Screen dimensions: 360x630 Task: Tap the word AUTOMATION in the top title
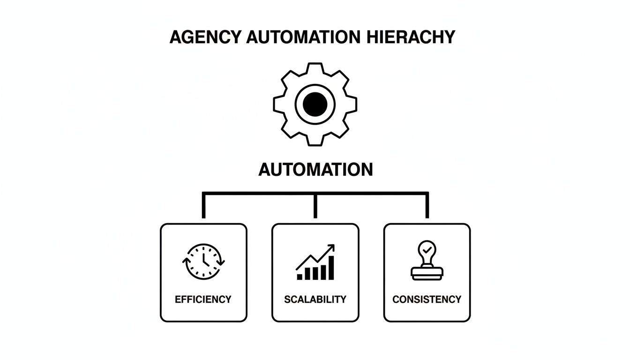[x=298, y=37]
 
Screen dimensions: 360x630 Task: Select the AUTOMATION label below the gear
[x=315, y=169]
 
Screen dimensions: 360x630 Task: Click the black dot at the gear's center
[x=315, y=104]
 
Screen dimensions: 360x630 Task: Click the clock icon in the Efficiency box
[x=203, y=262]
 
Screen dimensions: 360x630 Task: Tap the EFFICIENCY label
[x=203, y=299]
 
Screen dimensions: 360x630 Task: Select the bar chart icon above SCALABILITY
[x=315, y=262]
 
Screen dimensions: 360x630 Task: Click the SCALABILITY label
[x=315, y=299]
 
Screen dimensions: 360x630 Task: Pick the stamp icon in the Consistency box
[x=427, y=261]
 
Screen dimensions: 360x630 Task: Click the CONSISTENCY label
[x=427, y=299]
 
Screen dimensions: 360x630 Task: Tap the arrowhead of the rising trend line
[x=331, y=247]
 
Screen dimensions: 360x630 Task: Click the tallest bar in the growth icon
[x=331, y=268]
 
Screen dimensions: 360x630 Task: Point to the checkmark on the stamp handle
[x=427, y=250]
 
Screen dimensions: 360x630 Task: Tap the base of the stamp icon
[x=427, y=276]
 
